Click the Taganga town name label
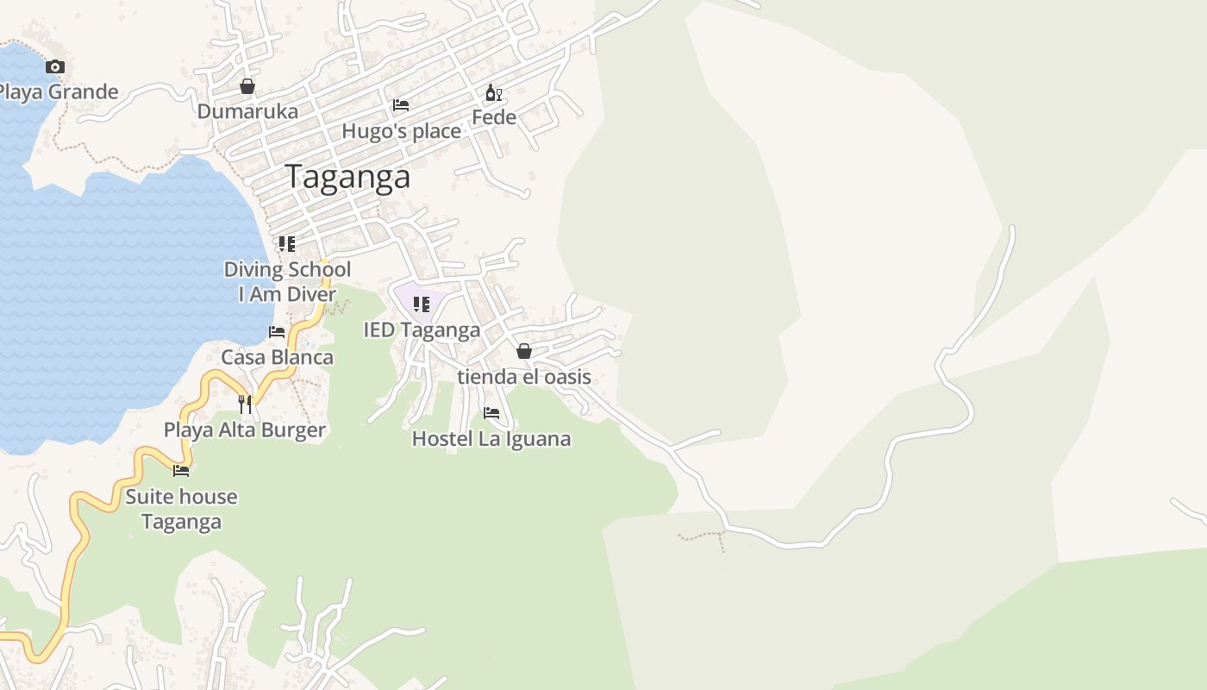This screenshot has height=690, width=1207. click(x=347, y=177)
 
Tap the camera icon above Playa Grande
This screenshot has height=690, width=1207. click(x=55, y=66)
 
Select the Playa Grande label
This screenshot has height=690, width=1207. click(x=57, y=91)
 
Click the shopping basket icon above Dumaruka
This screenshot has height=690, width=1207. click(x=247, y=86)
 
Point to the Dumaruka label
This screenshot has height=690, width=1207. click(x=247, y=111)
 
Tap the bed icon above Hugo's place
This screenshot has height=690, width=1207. click(x=401, y=105)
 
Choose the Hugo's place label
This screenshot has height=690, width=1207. click(x=402, y=131)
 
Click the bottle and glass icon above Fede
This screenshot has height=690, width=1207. click(x=493, y=93)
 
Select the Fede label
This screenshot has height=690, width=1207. click(x=494, y=117)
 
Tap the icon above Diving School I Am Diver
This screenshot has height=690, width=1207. click(x=287, y=244)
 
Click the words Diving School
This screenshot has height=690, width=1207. click(x=287, y=269)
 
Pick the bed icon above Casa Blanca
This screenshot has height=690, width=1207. click(x=277, y=331)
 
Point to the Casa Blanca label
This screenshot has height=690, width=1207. click(x=277, y=357)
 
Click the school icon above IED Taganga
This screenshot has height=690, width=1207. click(x=422, y=304)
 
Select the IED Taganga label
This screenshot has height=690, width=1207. click(x=422, y=330)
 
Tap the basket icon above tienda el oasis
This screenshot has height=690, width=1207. click(x=523, y=351)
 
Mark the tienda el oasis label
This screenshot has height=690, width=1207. click(x=524, y=377)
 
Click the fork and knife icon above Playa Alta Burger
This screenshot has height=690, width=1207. click(x=245, y=404)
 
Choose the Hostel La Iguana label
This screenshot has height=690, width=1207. click(x=491, y=438)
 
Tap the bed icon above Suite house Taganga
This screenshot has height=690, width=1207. click(x=181, y=470)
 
